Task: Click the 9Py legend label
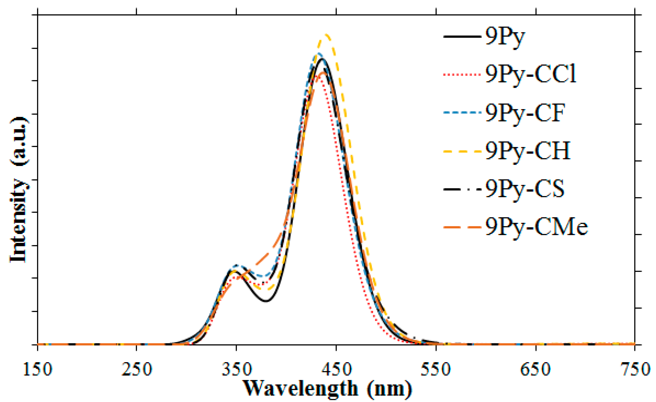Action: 505,37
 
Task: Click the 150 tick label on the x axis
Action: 37,370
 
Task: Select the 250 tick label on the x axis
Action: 137,370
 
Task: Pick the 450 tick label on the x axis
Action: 336,370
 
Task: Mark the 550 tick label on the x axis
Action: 436,370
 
